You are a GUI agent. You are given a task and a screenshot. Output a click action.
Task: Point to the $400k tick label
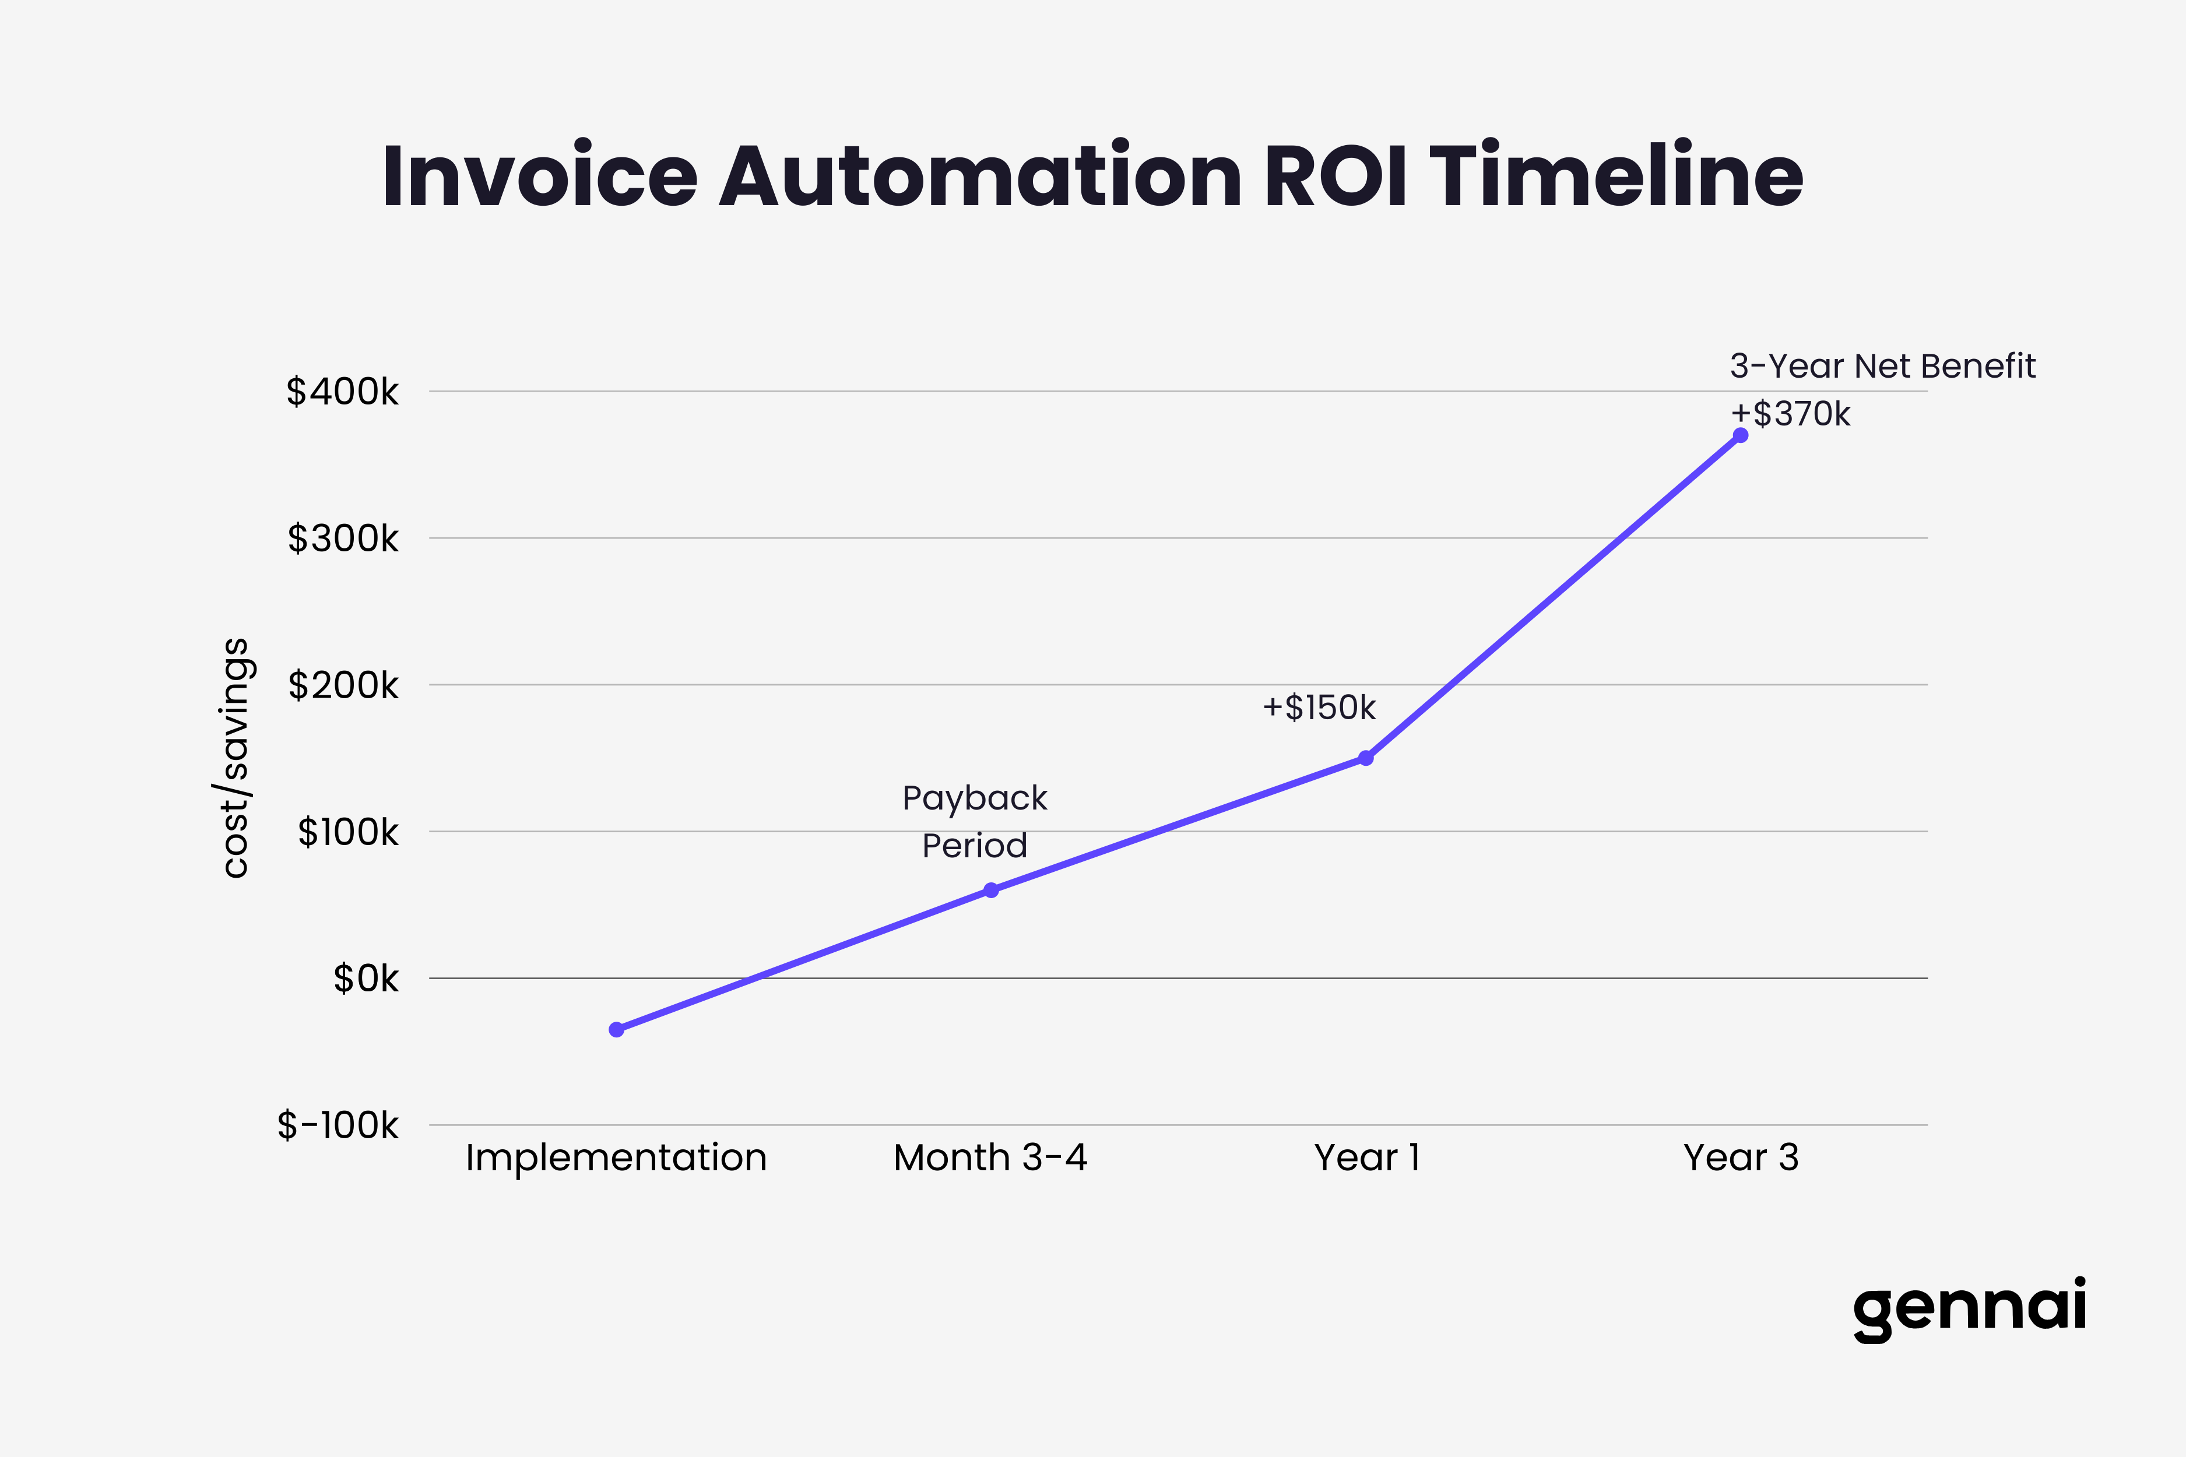pos(342,392)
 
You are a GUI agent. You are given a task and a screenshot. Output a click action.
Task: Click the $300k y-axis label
pos(342,539)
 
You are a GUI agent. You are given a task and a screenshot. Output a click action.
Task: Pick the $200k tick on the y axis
pos(342,686)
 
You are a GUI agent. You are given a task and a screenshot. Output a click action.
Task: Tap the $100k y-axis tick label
pos(347,833)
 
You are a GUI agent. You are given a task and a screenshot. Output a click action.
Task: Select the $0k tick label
pos(365,979)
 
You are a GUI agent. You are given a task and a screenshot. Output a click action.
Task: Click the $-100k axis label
pos(338,1126)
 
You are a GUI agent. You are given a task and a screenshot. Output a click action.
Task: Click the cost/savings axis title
pos(234,757)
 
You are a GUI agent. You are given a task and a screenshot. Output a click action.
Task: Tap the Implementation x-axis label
pos(616,1158)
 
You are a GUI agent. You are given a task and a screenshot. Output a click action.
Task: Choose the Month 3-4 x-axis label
pos(990,1158)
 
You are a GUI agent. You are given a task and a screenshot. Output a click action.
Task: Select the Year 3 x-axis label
pos(1741,1158)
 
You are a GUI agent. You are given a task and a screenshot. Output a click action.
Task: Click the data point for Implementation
pos(616,1030)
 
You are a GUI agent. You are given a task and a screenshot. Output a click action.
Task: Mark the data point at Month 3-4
pos(991,890)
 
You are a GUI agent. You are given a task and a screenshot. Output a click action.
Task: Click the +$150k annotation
pos(1318,708)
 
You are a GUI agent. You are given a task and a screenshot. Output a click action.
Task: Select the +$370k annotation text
pos(1790,414)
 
